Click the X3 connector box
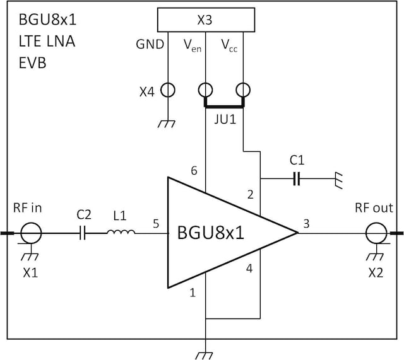[205, 20]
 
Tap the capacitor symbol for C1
[297, 179]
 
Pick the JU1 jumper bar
[224, 105]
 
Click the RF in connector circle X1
[30, 234]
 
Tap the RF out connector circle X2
[377, 234]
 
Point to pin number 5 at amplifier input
[155, 223]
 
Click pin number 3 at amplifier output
[306, 223]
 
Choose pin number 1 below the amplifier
[193, 293]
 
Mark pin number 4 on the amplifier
[249, 269]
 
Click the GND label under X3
[150, 45]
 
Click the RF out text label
[374, 208]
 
